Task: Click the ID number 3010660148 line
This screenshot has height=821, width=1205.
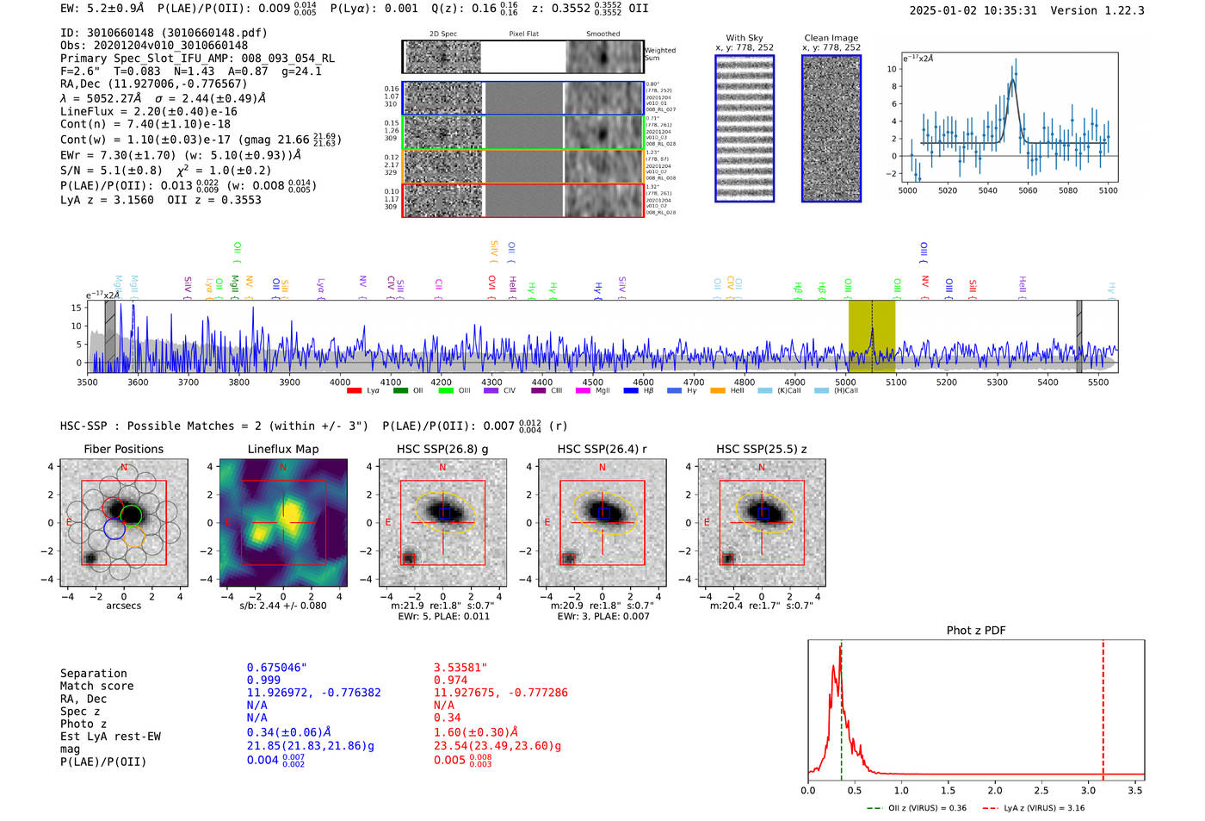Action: [x=164, y=33]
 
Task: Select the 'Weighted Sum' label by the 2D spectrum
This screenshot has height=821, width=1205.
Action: [x=660, y=54]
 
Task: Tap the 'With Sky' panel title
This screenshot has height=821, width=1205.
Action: [x=745, y=38]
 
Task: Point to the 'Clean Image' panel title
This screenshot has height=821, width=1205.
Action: [x=831, y=38]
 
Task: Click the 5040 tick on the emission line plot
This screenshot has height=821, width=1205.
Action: [x=987, y=190]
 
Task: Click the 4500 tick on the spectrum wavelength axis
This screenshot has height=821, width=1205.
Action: [x=593, y=382]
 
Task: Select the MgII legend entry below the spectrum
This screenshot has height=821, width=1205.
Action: [x=593, y=391]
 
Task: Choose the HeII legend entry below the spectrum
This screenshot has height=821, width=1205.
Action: [x=729, y=391]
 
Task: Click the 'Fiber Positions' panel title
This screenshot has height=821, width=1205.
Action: [x=124, y=449]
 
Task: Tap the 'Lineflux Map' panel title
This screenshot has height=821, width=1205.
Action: [x=283, y=449]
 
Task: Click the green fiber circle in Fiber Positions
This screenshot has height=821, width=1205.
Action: [x=132, y=515]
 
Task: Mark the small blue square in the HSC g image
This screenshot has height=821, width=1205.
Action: [x=444, y=513]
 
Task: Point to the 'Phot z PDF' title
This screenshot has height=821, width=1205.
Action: [x=976, y=631]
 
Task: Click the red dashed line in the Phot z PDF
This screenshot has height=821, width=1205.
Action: [x=1103, y=706]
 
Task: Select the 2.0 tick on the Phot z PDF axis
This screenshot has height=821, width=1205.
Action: [x=995, y=790]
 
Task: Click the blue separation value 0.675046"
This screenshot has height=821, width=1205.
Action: [x=276, y=668]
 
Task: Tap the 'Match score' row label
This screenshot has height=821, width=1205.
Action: [x=96, y=687]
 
